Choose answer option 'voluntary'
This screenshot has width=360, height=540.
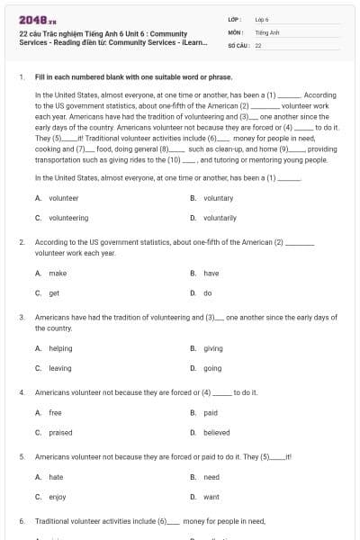click(x=218, y=198)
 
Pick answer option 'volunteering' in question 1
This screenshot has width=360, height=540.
click(x=68, y=218)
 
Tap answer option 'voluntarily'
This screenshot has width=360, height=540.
click(x=220, y=218)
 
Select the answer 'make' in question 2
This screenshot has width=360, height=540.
click(x=58, y=274)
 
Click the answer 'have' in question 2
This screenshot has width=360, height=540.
click(x=211, y=274)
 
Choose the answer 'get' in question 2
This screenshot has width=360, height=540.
click(x=54, y=293)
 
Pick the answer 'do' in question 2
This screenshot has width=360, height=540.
click(x=208, y=293)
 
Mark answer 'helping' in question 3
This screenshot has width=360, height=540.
click(x=60, y=348)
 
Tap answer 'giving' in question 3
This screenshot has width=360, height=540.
click(x=213, y=348)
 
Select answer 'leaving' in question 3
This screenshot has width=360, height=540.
click(x=60, y=368)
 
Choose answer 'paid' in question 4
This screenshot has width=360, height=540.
click(x=211, y=413)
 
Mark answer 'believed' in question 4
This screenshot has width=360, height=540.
click(x=216, y=433)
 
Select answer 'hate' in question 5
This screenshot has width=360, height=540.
click(x=56, y=477)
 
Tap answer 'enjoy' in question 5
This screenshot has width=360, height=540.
click(x=57, y=497)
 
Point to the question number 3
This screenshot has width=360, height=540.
click(x=22, y=318)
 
